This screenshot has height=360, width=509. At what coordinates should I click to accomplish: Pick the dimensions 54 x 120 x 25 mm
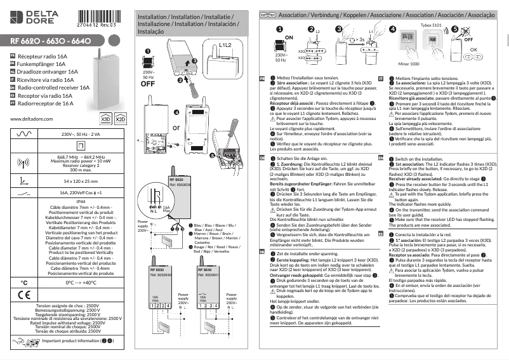(x=81, y=181)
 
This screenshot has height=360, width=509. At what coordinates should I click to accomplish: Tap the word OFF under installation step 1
(x=148, y=83)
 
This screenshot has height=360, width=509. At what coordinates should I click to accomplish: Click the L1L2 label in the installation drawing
(x=225, y=46)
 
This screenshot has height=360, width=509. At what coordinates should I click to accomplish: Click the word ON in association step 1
(x=289, y=38)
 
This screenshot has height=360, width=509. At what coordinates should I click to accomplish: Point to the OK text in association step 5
(x=473, y=49)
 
